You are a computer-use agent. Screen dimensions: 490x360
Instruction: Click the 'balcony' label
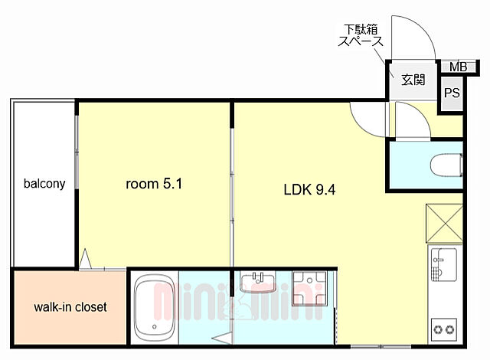44,184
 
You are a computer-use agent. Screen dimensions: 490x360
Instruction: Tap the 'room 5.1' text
154,184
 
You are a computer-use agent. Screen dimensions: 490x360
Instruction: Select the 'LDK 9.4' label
309,189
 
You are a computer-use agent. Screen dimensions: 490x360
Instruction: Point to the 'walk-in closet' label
70,307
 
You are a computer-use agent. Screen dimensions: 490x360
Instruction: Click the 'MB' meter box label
458,67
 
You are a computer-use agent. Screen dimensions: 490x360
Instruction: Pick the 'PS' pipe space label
452,93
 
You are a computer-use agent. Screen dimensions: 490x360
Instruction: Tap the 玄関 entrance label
413,80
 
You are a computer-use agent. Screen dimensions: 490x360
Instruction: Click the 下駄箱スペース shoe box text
361,36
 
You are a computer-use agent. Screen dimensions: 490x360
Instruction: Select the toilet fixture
446,165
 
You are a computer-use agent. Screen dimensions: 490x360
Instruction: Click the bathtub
154,308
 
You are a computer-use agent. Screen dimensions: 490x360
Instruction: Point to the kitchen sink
444,264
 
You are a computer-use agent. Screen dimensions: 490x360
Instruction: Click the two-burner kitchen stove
444,329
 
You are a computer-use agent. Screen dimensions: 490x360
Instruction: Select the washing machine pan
309,289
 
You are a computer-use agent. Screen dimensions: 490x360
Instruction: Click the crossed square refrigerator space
444,223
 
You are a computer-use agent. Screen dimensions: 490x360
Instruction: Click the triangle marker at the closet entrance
85,259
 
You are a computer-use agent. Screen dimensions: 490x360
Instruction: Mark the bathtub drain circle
154,327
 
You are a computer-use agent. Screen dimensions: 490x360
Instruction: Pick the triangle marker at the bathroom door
221,338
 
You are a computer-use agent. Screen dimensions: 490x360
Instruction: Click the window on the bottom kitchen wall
381,346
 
